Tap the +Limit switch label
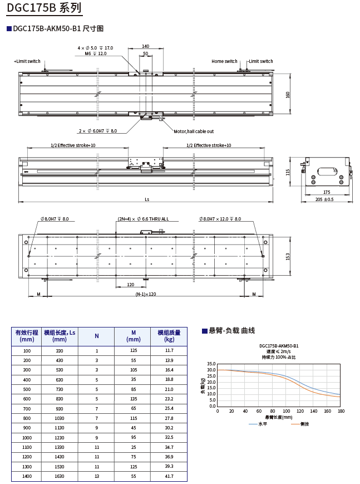27,61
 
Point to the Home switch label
224,61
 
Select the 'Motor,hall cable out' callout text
194,131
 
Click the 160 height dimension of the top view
288,94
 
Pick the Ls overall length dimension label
147,199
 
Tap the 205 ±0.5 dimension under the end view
324,199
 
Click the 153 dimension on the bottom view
288,256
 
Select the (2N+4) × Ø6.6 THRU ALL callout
143,219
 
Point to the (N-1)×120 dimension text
146,294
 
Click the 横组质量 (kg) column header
169,336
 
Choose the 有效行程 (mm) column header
27,336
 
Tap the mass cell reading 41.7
169,476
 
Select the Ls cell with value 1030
60,418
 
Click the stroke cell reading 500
27,389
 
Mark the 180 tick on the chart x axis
341,411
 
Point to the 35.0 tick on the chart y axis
211,364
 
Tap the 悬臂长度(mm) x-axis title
278,417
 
